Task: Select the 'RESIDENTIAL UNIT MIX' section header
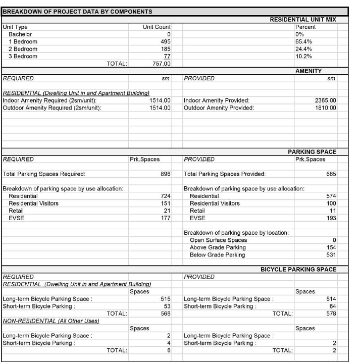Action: tap(303, 20)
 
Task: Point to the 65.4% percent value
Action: tap(303, 41)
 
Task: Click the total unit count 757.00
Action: tap(162, 64)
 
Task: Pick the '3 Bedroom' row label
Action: tap(23, 57)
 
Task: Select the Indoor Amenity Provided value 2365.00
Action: tap(325, 100)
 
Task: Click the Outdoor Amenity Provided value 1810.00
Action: tap(325, 108)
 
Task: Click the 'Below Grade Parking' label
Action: tap(218, 255)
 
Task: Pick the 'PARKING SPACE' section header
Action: tap(312, 151)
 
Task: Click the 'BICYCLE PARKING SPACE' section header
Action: tap(298, 270)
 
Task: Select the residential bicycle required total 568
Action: tap(166, 314)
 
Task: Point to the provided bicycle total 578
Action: tap(331, 314)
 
